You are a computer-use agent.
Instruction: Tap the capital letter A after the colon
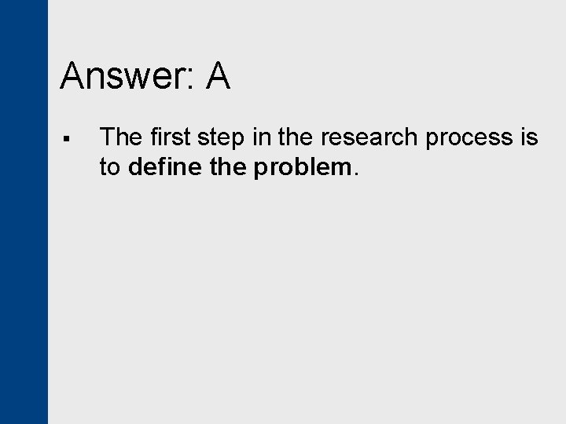tap(218, 77)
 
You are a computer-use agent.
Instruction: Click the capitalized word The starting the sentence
tap(119, 137)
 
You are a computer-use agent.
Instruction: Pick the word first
tap(167, 137)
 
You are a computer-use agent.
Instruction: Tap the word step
tap(219, 138)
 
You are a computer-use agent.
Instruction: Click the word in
tap(262, 137)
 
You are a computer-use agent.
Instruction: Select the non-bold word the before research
tap(295, 137)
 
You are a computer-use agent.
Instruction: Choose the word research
tap(368, 138)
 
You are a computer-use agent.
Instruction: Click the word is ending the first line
tap(529, 137)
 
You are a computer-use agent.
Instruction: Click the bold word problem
tap(302, 166)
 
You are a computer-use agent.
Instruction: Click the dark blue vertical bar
tap(24, 212)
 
